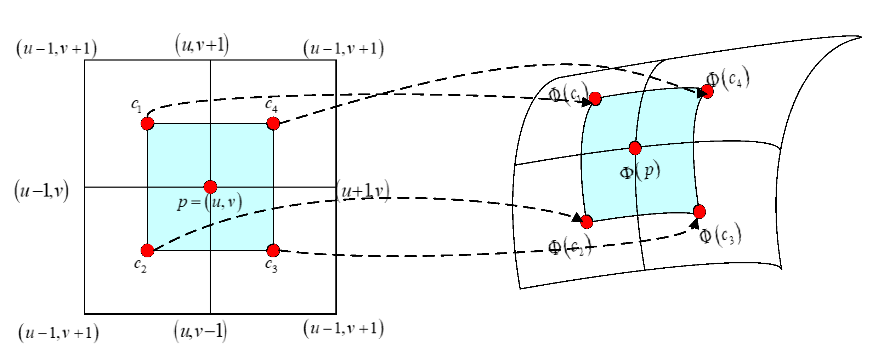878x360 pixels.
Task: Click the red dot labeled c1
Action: pyautogui.click(x=147, y=124)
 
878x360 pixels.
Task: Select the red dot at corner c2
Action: pyautogui.click(x=147, y=250)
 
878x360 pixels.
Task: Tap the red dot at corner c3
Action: pyautogui.click(x=273, y=250)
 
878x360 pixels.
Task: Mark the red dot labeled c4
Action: pyautogui.click(x=273, y=124)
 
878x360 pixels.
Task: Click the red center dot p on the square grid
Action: pyautogui.click(x=210, y=187)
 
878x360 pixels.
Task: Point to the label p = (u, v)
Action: pyautogui.click(x=210, y=203)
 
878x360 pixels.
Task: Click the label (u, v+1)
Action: pyautogui.click(x=202, y=45)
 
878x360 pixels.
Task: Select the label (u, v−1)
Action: pyautogui.click(x=200, y=331)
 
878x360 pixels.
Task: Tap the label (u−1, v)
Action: pyautogui.click(x=41, y=191)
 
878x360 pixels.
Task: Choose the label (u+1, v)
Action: pyautogui.click(x=363, y=191)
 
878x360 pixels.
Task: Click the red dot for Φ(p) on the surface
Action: pyautogui.click(x=635, y=148)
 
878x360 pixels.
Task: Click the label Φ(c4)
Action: pyautogui.click(x=728, y=79)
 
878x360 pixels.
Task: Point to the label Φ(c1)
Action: pyautogui.click(x=568, y=94)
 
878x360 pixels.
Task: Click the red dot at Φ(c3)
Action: pyautogui.click(x=699, y=212)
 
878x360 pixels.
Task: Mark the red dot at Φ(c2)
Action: pyautogui.click(x=587, y=222)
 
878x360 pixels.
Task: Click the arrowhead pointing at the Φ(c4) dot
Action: pyautogui.click(x=701, y=93)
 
